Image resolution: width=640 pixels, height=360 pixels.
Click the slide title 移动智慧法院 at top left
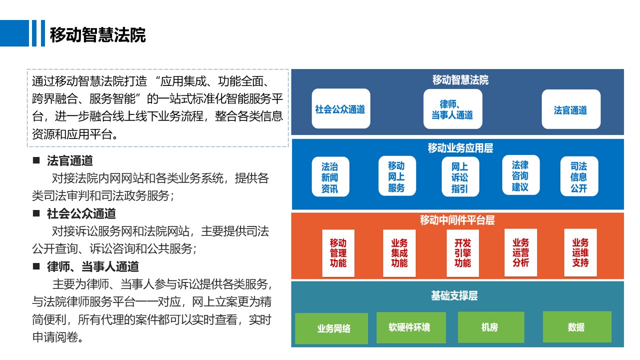click(97, 35)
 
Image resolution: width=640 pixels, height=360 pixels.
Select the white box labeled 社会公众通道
click(341, 108)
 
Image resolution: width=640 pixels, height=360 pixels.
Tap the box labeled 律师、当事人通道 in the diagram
click(453, 109)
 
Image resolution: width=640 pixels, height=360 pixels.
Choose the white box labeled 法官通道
click(571, 109)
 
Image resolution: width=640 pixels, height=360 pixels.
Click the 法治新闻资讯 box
click(330, 176)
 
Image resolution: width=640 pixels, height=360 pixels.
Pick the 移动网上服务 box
click(397, 176)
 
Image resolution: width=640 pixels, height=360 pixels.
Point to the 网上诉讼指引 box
click(460, 176)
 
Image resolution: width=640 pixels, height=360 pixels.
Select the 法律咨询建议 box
click(521, 175)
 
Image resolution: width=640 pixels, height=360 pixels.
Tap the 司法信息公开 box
click(579, 176)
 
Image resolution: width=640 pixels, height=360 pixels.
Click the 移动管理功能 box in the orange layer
click(338, 253)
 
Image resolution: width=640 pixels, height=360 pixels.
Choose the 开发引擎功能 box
click(462, 253)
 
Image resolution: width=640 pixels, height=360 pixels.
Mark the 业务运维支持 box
click(580, 252)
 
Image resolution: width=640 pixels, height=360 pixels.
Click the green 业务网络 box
click(331, 328)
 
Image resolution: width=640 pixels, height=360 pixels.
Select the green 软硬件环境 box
click(411, 327)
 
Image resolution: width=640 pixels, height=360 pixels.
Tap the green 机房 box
click(491, 327)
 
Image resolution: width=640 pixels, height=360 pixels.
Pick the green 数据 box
click(577, 327)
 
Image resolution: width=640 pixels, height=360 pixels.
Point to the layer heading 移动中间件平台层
click(457, 220)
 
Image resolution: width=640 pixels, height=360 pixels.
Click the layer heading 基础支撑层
click(454, 295)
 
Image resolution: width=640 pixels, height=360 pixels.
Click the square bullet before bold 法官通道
click(36, 160)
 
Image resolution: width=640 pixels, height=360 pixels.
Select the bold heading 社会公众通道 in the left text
click(81, 213)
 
